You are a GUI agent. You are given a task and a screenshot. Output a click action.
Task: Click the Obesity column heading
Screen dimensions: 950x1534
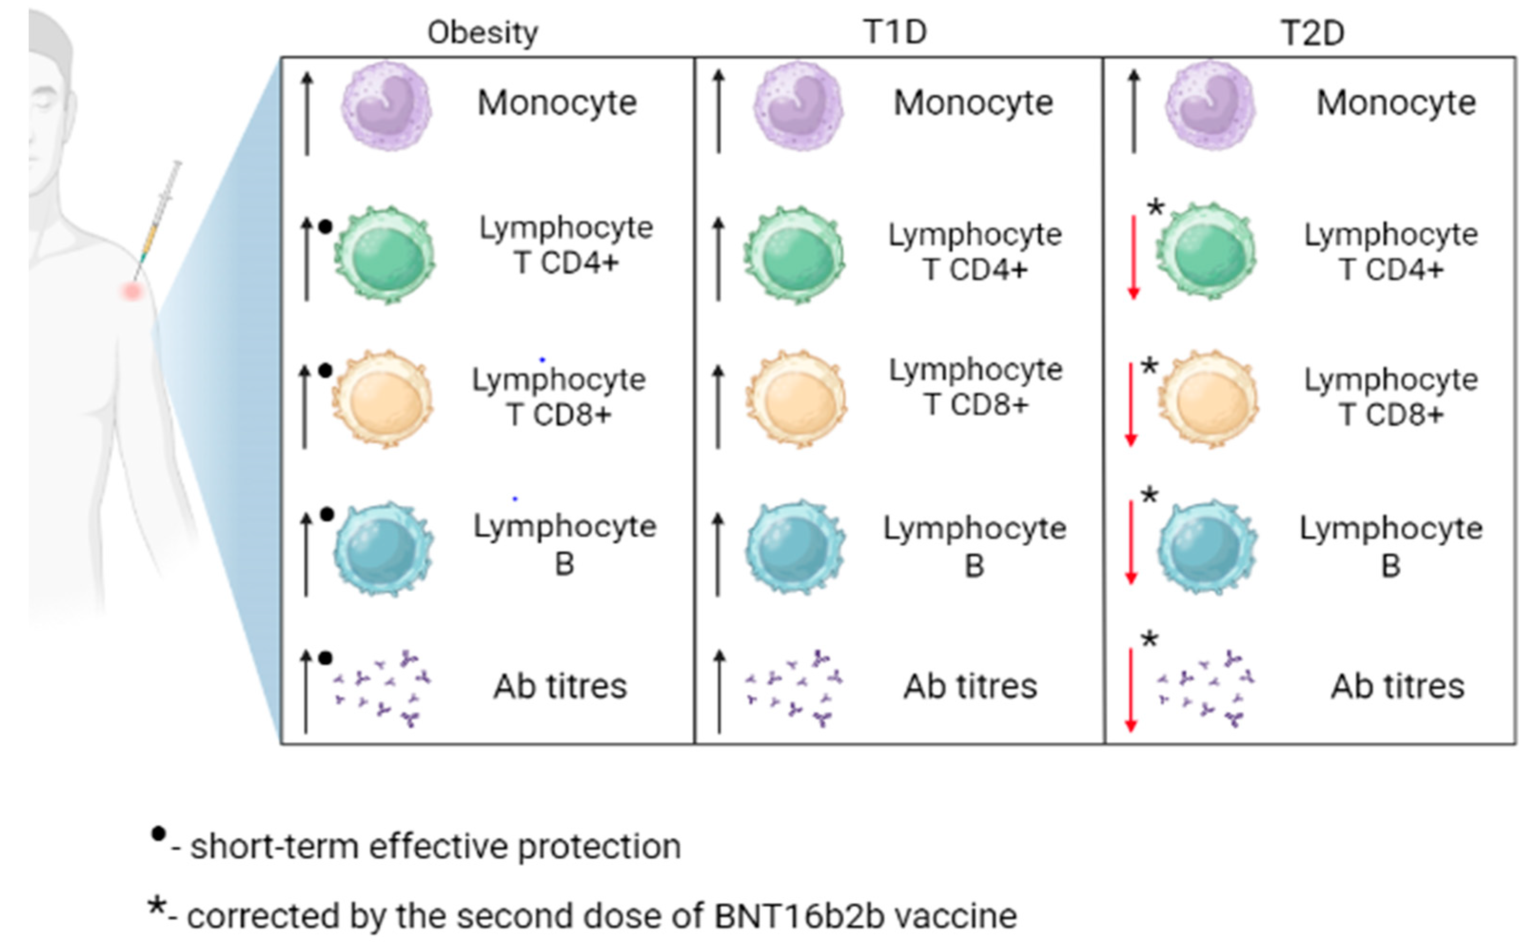click(482, 33)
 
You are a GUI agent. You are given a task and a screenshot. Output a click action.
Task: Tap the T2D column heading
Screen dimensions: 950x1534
click(1312, 33)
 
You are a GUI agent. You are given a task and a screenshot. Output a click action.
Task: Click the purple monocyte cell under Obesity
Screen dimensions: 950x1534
click(386, 106)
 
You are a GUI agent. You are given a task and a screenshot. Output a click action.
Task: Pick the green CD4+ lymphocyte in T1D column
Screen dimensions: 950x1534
click(795, 255)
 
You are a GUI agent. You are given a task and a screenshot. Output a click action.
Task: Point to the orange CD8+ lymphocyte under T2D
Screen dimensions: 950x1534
click(1208, 398)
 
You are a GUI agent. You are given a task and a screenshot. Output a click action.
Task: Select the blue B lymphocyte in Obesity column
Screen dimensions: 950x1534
click(383, 548)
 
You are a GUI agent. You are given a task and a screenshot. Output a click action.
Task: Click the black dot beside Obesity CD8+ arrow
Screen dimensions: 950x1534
click(325, 371)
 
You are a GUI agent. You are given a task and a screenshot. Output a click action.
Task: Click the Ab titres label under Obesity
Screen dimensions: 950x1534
click(560, 686)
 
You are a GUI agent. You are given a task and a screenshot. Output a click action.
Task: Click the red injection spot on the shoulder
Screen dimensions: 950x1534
click(132, 290)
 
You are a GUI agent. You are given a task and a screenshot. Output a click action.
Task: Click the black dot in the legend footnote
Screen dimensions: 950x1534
click(158, 834)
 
